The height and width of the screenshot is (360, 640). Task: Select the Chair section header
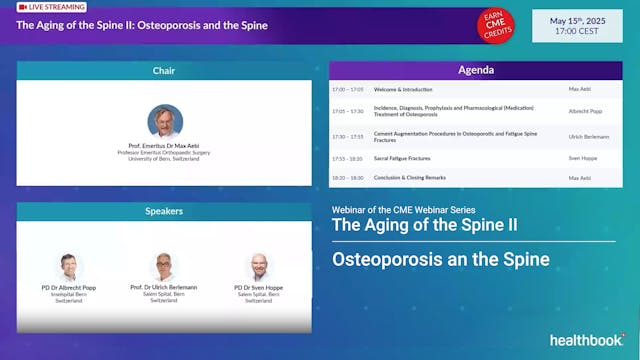[164, 71]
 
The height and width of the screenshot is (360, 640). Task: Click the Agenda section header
[475, 71]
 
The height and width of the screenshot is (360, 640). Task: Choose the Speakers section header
[164, 212]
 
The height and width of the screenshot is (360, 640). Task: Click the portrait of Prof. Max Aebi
[165, 121]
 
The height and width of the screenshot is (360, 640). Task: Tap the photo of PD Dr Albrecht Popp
[69, 266]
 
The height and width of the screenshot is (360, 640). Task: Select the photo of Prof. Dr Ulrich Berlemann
[164, 266]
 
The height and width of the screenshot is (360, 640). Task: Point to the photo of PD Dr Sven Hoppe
[259, 266]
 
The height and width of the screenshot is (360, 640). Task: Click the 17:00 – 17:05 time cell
[350, 89]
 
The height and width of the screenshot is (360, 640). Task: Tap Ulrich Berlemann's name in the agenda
[588, 135]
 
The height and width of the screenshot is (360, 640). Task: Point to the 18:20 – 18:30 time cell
[350, 177]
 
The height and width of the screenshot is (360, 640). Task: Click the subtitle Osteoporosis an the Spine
[441, 260]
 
